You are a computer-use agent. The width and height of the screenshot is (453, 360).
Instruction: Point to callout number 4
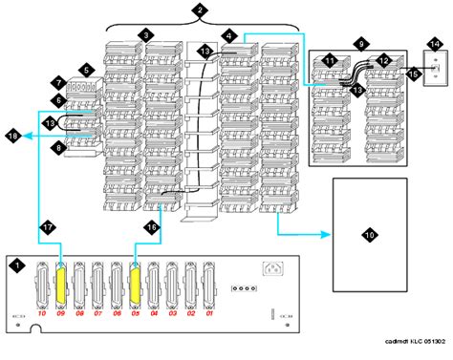[x=229, y=35]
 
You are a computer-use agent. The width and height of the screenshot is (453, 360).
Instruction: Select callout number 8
[x=58, y=148]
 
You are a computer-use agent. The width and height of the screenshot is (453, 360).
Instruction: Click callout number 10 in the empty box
[x=368, y=231]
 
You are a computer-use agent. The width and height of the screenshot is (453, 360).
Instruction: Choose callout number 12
[x=381, y=60]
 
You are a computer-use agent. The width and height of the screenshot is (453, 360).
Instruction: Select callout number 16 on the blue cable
[x=149, y=226]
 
